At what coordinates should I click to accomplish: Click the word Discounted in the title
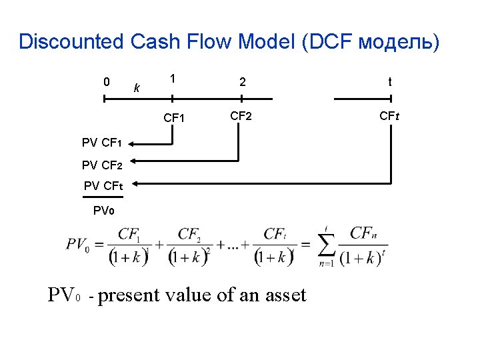tap(71, 42)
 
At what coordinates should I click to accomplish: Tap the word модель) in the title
tap(399, 42)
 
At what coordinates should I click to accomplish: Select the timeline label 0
tap(106, 82)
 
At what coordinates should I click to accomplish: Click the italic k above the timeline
tap(137, 87)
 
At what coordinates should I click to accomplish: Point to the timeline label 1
tap(172, 79)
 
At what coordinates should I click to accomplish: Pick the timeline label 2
tap(243, 82)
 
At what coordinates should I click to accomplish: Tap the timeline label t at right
tap(389, 82)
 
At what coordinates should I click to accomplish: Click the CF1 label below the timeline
tap(174, 118)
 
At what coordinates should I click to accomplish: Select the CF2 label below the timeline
tap(241, 116)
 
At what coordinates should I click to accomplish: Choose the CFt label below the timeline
tap(389, 116)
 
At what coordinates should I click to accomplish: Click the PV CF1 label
tap(101, 142)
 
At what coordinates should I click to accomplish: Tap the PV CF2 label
tap(101, 163)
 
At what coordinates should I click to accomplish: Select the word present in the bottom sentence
tap(129, 295)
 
